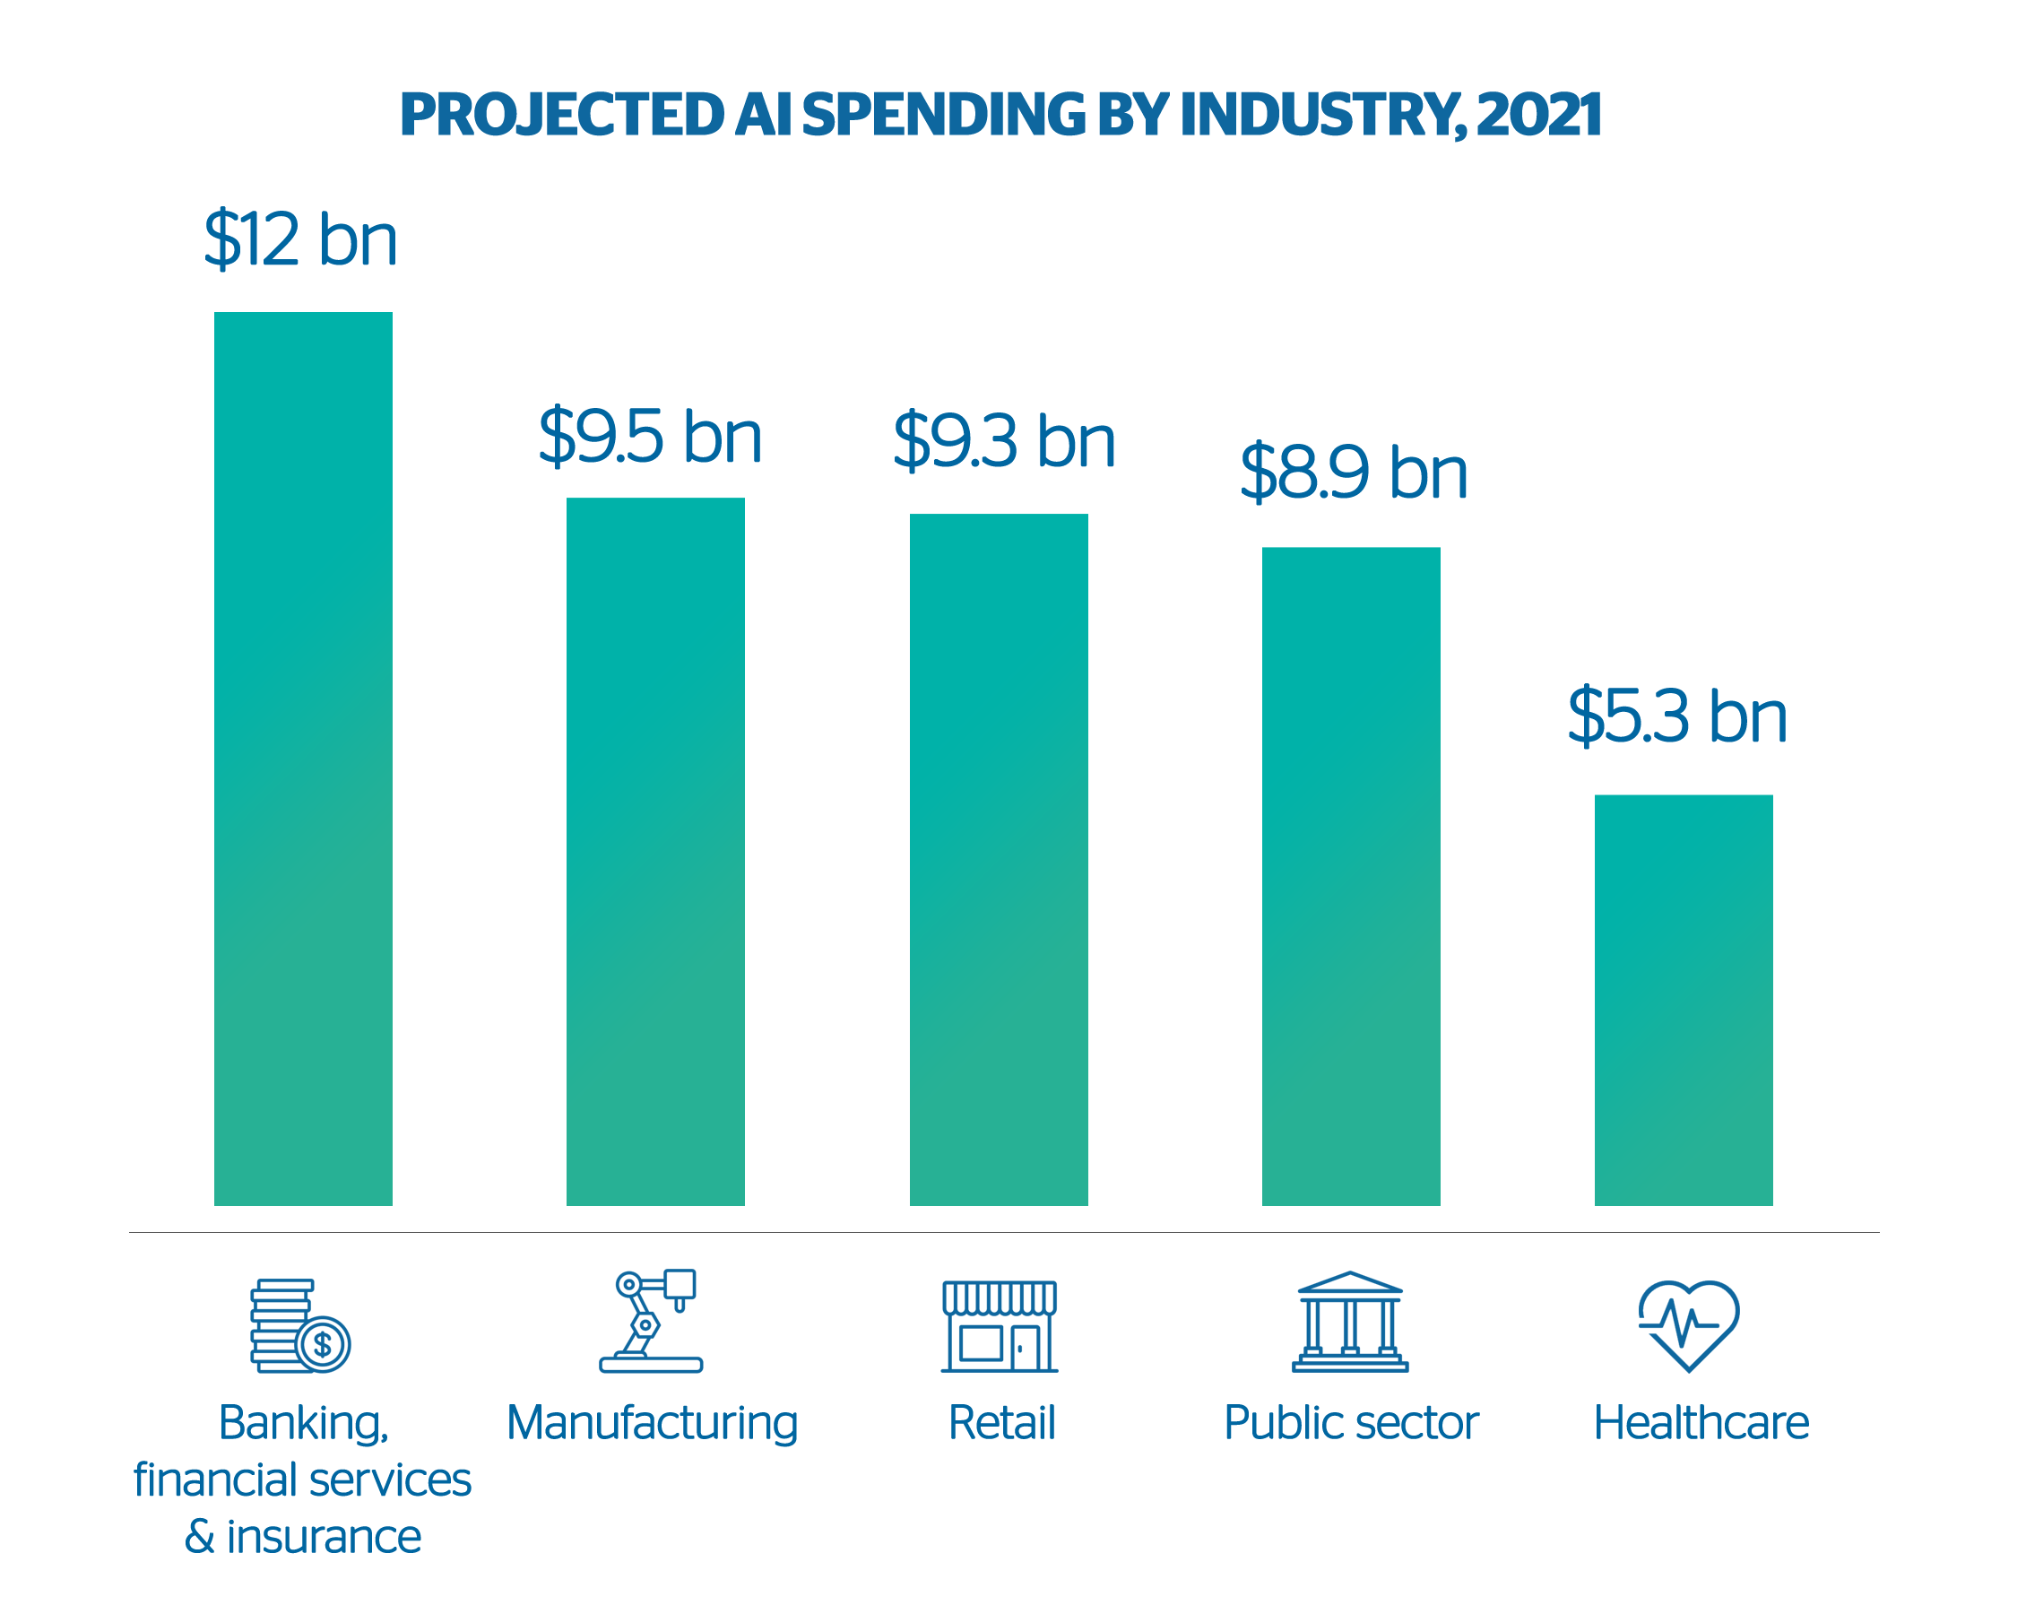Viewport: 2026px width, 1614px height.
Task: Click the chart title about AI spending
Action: click(x=1000, y=115)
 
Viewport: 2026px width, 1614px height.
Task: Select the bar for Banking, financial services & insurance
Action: click(x=303, y=758)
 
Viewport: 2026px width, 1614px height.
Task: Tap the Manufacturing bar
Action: click(x=655, y=851)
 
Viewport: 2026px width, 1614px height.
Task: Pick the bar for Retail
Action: click(x=998, y=858)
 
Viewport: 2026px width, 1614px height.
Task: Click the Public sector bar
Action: click(x=1350, y=875)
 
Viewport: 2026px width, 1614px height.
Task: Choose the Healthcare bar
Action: click(x=1683, y=999)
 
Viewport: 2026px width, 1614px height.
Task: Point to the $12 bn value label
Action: click(x=300, y=239)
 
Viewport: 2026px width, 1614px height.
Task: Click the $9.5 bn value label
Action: click(x=649, y=437)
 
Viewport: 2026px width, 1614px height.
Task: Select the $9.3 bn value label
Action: click(x=1004, y=441)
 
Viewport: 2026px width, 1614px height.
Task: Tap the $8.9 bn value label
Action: click(x=1353, y=473)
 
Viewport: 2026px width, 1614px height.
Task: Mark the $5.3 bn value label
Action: click(x=1676, y=717)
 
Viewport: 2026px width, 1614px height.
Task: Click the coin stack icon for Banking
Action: click(x=299, y=1325)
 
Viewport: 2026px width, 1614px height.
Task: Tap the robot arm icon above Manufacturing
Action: click(x=651, y=1321)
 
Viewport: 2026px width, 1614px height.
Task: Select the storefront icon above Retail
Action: click(x=1000, y=1325)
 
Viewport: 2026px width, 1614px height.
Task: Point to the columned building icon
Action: click(x=1350, y=1322)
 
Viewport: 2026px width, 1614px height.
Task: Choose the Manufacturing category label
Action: click(x=652, y=1423)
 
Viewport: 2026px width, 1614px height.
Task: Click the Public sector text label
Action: click(x=1350, y=1423)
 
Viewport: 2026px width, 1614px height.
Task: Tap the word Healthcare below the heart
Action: click(x=1701, y=1423)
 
